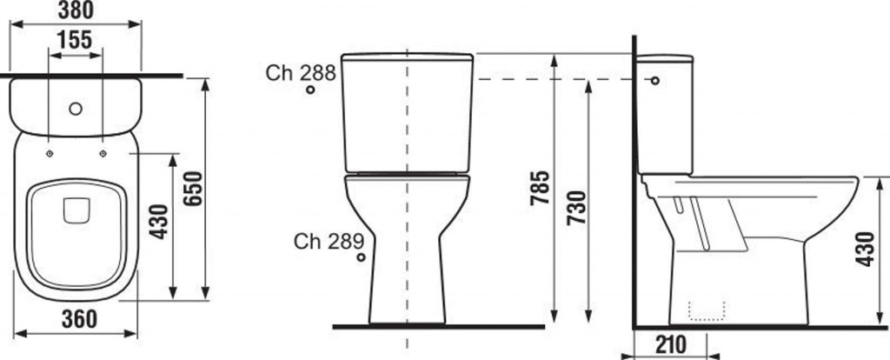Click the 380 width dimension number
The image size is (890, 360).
click(x=76, y=10)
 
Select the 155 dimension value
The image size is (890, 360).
click(x=75, y=40)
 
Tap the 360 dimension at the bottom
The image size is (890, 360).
click(x=79, y=319)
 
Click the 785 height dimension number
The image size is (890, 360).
click(x=540, y=187)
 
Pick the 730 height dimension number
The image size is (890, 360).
click(x=576, y=208)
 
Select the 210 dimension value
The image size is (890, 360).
click(x=670, y=344)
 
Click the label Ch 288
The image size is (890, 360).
click(x=301, y=73)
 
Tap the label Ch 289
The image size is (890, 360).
click(x=329, y=242)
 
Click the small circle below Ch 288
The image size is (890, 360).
click(x=310, y=90)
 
